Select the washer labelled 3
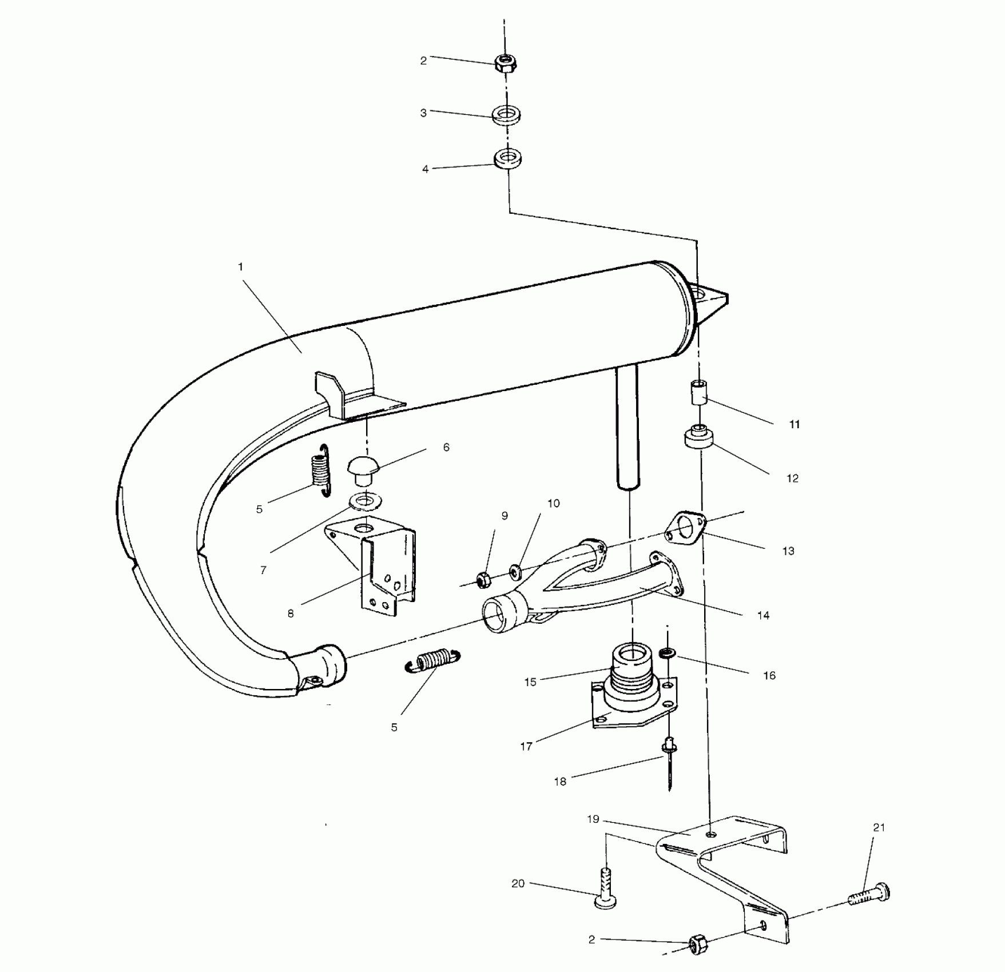coord(506,113)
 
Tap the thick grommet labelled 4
coord(507,158)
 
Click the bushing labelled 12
coord(699,438)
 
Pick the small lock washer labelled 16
coord(666,652)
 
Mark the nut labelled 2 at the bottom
coord(698,945)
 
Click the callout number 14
coord(763,616)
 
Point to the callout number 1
coord(241,267)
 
